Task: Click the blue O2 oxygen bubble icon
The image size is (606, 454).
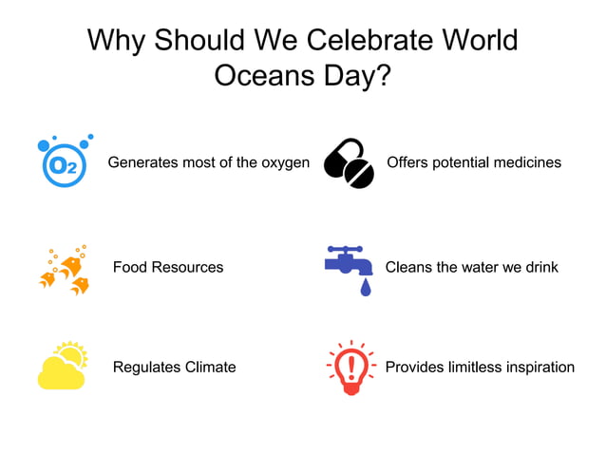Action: coord(64,163)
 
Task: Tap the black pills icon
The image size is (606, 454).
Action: coord(349,163)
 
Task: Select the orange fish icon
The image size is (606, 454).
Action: coord(65,270)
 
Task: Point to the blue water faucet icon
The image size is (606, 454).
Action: coord(348,265)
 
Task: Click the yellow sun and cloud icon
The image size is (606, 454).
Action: coord(63,366)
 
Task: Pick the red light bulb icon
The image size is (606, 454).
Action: coord(351,367)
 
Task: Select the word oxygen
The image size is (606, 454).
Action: coord(284,162)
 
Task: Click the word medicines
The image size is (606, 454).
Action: coord(523,162)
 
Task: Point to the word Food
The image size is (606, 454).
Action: coord(130,267)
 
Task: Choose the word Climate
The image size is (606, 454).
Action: coord(210,367)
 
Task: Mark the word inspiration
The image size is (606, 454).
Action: coord(538,367)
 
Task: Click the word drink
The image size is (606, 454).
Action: coord(541,267)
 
